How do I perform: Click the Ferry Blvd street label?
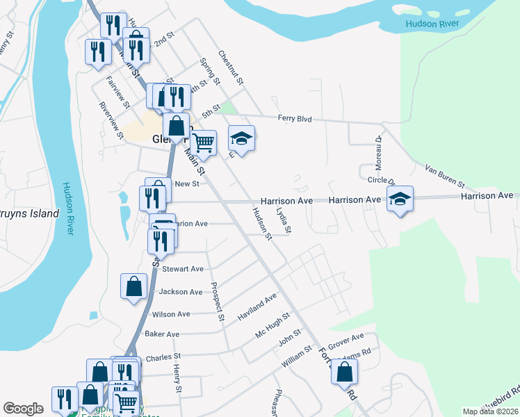point(294,119)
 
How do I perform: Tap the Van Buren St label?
point(444,177)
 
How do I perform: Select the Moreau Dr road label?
point(379,148)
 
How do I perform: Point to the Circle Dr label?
point(381,181)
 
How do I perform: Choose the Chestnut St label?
point(230,67)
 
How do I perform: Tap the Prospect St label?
point(218,301)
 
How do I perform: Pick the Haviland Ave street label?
point(257,305)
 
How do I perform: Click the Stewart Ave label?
point(182,269)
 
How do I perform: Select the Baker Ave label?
point(162,334)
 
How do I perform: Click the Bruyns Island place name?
point(28,214)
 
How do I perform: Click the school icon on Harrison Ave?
point(400,198)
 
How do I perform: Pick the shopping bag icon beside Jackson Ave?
point(133,286)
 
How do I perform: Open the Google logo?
point(23,409)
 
